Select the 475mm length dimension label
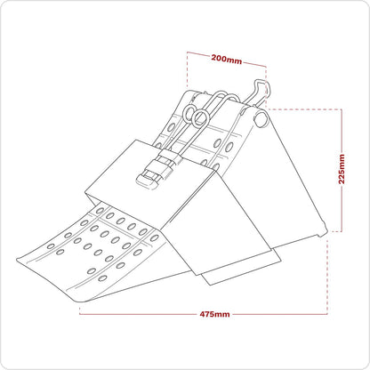(215, 314)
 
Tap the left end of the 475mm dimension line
(79, 314)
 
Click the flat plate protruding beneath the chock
(231, 271)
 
